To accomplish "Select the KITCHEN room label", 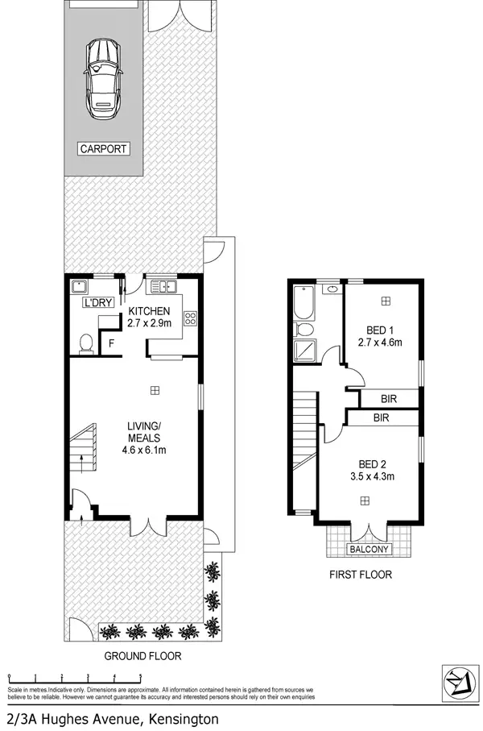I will point(149,311).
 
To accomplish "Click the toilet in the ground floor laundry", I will point(85,343).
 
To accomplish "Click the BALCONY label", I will point(369,550).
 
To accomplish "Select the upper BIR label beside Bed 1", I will point(389,398).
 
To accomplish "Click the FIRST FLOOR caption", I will point(360,575).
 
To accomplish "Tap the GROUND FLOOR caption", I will point(142,656).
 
